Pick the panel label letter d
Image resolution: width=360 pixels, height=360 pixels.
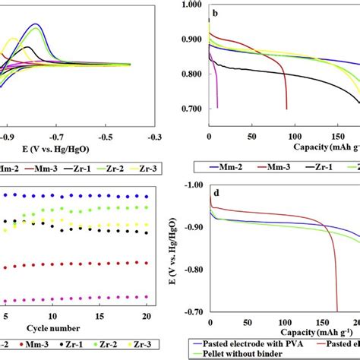[x=217, y=192]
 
